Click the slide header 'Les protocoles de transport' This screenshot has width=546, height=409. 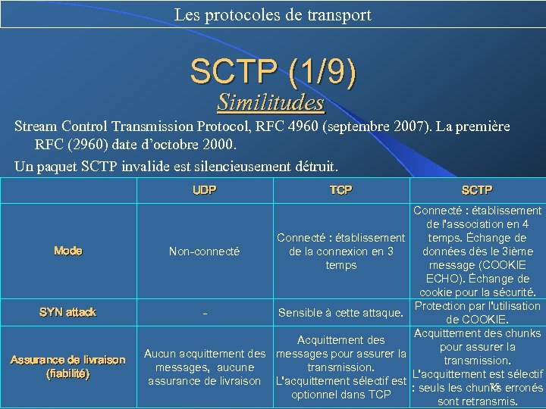[x=272, y=14]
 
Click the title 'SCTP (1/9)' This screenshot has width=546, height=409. [x=272, y=72]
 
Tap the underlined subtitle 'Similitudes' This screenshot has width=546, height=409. [x=271, y=101]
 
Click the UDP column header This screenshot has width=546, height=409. [x=204, y=190]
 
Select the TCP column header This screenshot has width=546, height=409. [x=340, y=190]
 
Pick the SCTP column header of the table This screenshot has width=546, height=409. [x=477, y=190]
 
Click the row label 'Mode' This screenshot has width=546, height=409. [x=68, y=251]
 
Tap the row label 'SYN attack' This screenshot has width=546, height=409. [x=68, y=312]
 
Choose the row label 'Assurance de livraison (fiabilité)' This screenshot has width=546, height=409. [x=68, y=367]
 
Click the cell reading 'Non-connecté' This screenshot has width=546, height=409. [x=204, y=251]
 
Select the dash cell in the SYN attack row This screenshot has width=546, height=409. [x=204, y=313]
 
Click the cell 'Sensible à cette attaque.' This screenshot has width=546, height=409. [x=340, y=313]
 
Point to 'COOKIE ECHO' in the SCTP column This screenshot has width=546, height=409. [x=477, y=271]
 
